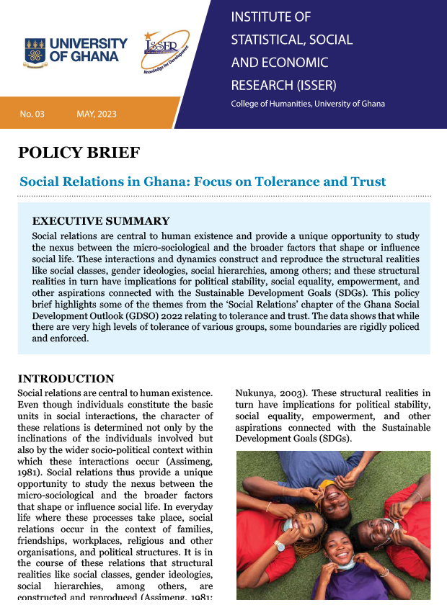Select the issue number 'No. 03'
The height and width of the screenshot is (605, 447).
point(32,115)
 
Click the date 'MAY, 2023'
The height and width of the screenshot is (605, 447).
point(97,115)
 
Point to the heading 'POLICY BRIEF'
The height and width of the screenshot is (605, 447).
point(79,152)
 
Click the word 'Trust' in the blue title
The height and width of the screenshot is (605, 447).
point(363,181)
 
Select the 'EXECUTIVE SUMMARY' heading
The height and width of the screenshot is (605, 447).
point(101,221)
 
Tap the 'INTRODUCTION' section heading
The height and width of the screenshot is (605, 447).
point(66,379)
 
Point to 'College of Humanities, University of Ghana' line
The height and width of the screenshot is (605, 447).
point(308,104)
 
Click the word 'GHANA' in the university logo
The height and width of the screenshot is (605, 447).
point(96,58)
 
